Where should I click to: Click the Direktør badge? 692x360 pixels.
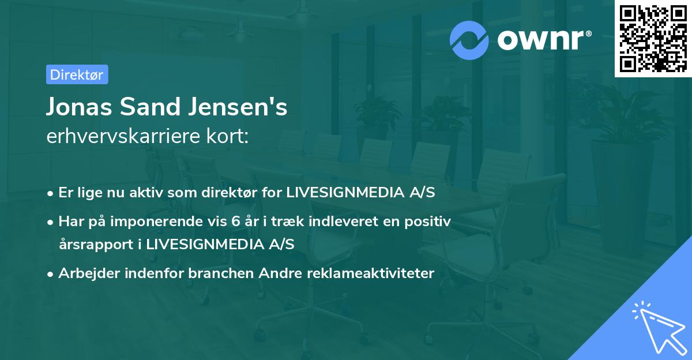coord(77,74)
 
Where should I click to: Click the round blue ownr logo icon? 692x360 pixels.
coord(469,40)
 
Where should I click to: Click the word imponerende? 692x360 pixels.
coord(153,221)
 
